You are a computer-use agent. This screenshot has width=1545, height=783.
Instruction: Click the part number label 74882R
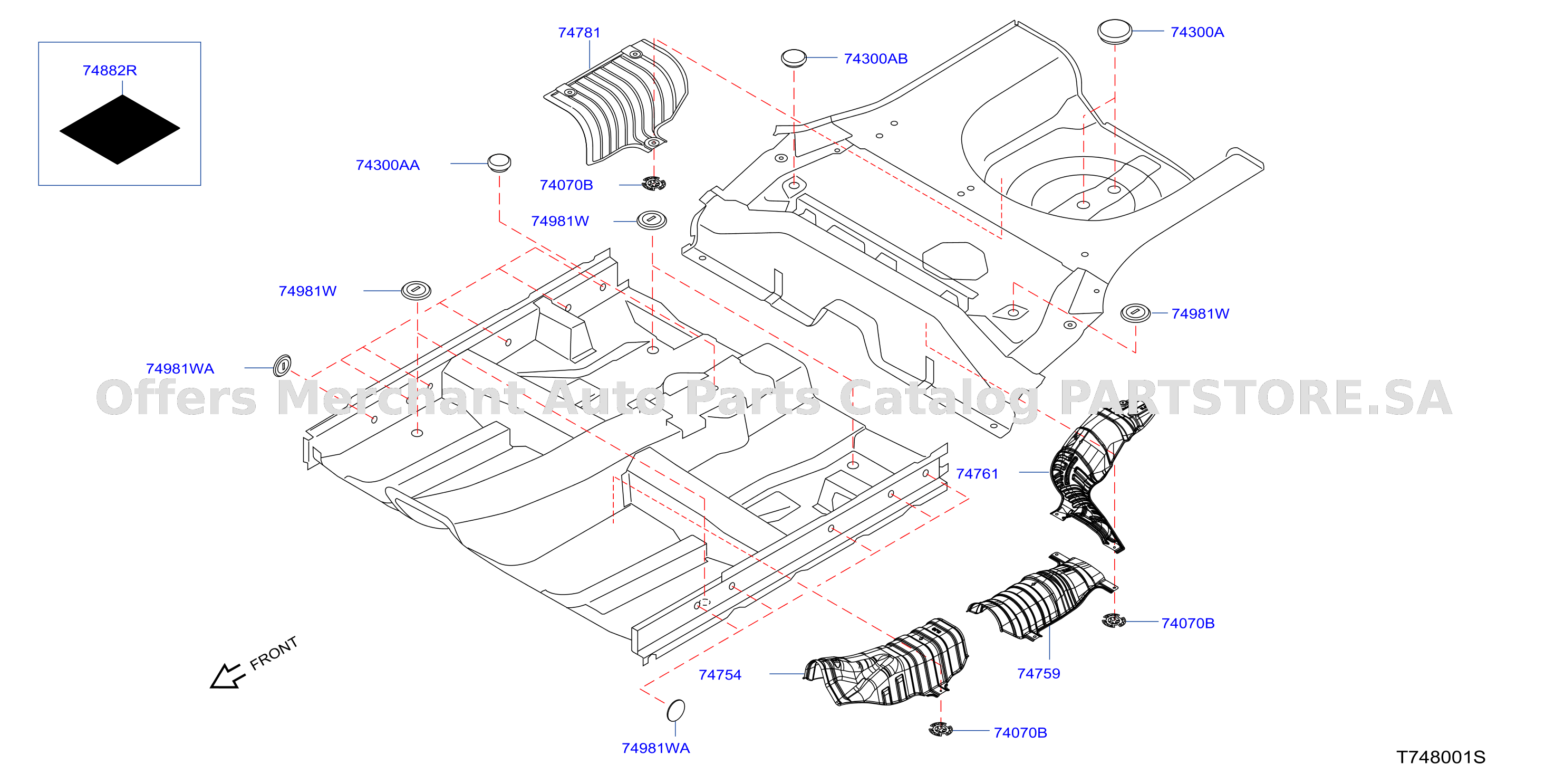coord(110,70)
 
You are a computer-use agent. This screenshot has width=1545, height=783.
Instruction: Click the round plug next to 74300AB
coord(794,58)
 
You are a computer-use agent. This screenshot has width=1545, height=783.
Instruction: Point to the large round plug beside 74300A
coord(1114,31)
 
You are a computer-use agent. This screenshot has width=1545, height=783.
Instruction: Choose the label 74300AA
coord(388,165)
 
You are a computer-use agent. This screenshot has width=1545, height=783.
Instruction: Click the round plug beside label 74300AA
coord(499,162)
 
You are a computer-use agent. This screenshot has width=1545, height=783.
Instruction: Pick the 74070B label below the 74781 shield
coord(566,185)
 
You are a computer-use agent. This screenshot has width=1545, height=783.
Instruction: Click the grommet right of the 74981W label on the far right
coord(1135,312)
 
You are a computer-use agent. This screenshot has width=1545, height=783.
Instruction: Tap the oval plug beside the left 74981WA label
coord(282,366)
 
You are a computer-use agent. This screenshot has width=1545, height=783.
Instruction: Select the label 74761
coord(977,473)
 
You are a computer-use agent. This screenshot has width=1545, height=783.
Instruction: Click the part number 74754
coord(720,675)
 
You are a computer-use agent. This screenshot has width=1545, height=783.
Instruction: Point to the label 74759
coord(1039,673)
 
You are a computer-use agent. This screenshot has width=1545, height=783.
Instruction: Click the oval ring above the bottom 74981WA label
coord(676,710)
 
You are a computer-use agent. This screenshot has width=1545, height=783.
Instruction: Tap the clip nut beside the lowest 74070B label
coord(940,729)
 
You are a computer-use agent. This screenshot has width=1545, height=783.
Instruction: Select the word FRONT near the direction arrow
coord(274,653)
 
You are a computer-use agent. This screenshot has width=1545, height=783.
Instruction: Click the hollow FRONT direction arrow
coord(228,676)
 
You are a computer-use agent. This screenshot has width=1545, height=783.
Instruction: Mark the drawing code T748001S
coord(1441,757)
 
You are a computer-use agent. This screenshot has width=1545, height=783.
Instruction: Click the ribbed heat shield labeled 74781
coord(618,102)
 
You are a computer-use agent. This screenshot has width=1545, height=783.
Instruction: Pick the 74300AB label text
coord(876,59)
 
